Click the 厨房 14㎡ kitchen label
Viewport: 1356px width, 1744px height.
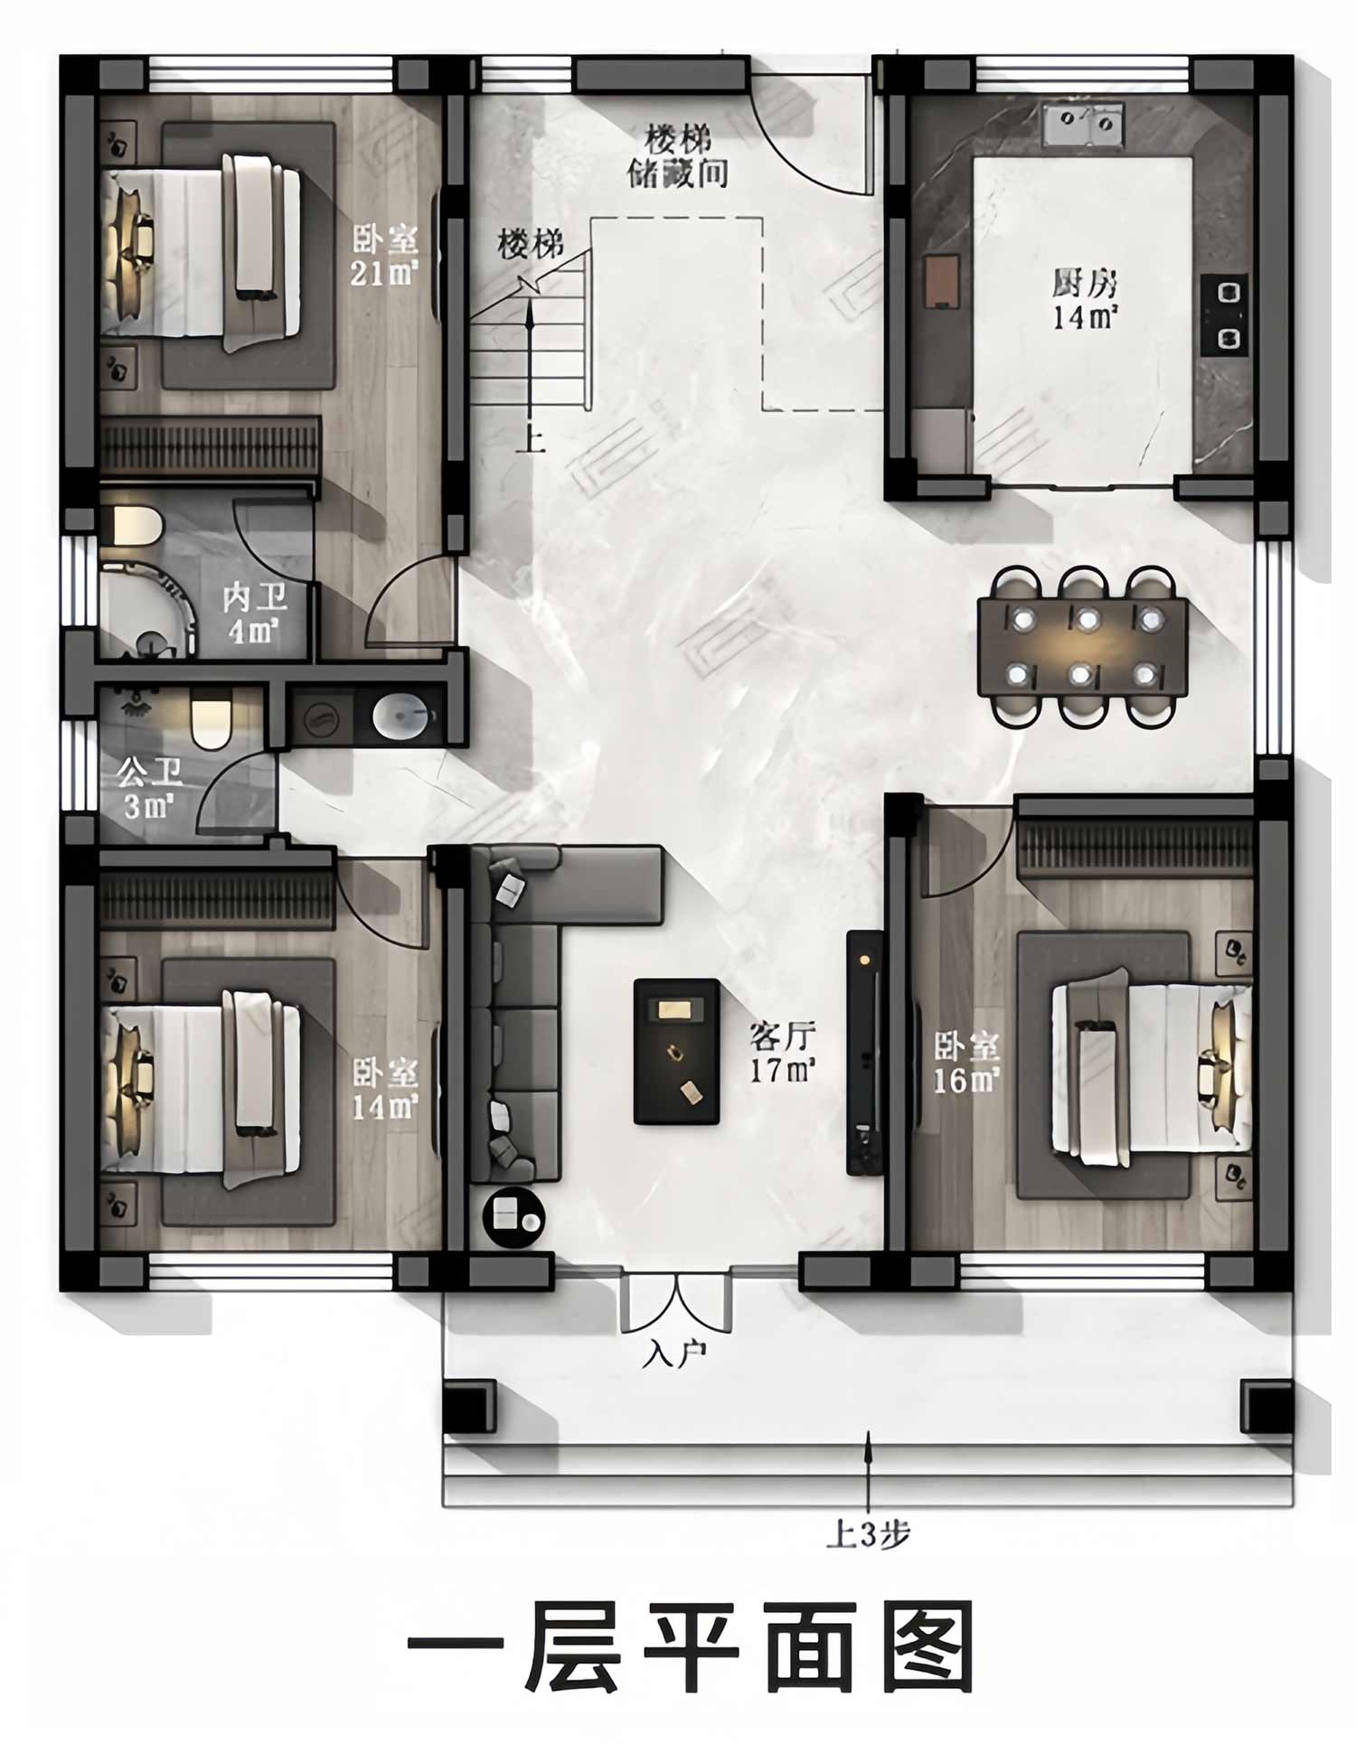[1084, 299]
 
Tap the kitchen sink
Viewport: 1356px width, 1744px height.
[1083, 124]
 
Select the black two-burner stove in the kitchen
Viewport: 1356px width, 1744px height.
[1225, 314]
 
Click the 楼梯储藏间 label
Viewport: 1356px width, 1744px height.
[678, 156]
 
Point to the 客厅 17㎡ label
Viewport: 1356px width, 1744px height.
[783, 1053]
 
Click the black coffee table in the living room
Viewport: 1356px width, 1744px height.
[676, 1052]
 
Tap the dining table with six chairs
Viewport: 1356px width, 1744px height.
[1082, 647]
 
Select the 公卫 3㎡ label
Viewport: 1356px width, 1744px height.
[150, 788]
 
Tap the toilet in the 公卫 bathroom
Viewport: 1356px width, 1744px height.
[212, 719]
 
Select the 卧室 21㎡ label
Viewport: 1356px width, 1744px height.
[385, 255]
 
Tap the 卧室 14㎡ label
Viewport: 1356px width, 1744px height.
[385, 1089]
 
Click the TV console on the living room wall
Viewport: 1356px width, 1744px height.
[864, 1052]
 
